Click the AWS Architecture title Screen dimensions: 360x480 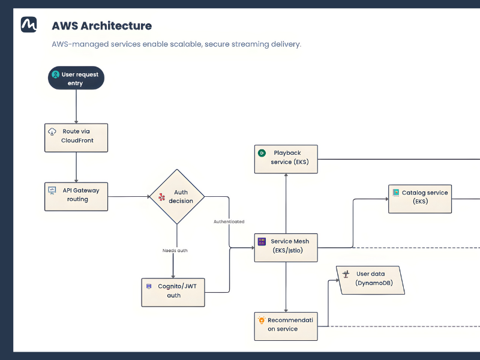pos(101,26)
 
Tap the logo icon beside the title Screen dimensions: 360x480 pos(29,25)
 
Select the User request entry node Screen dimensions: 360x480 pos(76,78)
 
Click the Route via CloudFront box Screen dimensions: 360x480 pos(76,137)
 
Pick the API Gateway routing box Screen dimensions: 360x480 pos(76,196)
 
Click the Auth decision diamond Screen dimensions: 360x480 pos(177,197)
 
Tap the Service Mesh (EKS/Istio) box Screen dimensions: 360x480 pos(286,247)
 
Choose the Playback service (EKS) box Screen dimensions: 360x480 pos(286,159)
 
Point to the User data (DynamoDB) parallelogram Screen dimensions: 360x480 pos(370,280)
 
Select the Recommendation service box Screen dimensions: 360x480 pos(286,326)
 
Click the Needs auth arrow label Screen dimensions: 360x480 pos(175,250)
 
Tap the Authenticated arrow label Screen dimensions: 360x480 pos(229,221)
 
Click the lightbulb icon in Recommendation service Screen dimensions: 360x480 pos(262,320)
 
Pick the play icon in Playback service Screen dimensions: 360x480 pos(262,153)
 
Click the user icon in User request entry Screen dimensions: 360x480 pos(56,74)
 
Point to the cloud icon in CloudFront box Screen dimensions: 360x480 pos(52,131)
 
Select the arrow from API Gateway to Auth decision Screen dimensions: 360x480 pos(128,196)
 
